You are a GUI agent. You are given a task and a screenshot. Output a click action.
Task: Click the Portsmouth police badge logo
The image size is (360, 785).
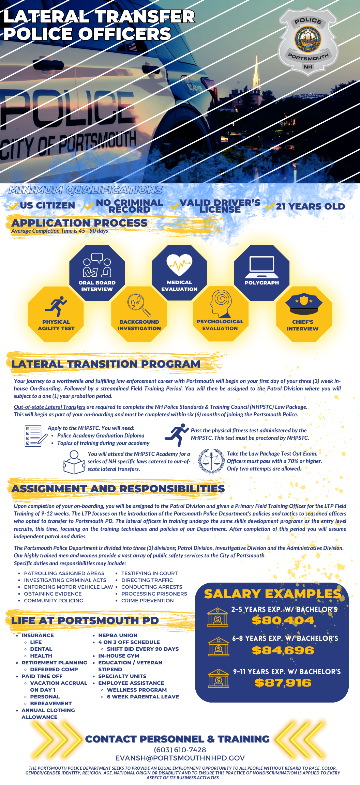point(308,40)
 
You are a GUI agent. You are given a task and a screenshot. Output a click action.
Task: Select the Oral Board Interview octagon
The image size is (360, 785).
point(97,273)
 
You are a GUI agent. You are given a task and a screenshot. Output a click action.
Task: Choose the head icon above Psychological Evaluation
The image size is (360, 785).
point(220,304)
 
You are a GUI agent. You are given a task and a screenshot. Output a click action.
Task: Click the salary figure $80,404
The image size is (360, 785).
point(283,620)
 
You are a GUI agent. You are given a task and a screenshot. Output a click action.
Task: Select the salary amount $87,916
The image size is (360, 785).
point(283,683)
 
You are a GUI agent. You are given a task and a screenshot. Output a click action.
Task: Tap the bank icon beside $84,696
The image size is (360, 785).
point(219,646)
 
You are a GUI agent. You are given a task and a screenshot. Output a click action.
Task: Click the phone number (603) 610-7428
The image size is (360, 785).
point(180,750)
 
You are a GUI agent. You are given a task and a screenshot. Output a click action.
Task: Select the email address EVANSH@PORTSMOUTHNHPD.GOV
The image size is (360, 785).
point(180,758)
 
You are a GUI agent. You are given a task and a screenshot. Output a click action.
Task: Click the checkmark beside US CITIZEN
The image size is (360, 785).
point(14,206)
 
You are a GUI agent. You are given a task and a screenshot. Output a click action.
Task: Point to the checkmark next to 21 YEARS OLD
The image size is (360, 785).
point(270,206)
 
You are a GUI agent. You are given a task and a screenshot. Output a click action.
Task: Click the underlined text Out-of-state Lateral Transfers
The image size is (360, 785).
point(49,407)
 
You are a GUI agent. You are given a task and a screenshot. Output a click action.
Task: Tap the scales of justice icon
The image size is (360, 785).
point(211,461)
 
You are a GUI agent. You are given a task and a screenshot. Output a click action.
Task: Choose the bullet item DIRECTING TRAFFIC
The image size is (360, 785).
point(147,580)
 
